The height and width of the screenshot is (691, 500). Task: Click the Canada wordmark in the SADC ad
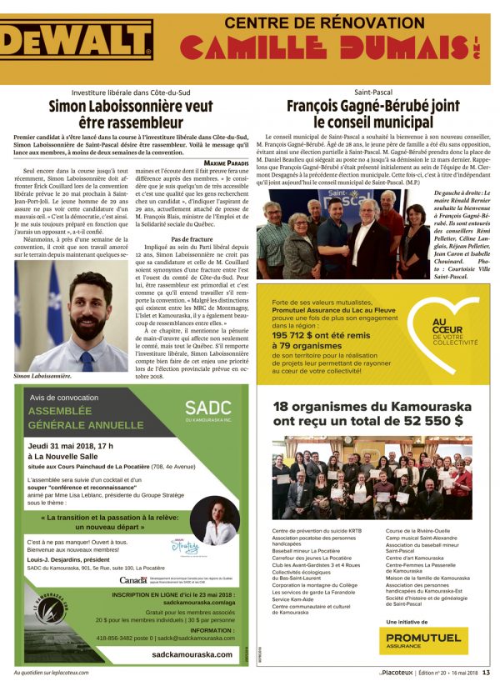click(133, 580)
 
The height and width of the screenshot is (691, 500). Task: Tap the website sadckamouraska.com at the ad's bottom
click(192, 654)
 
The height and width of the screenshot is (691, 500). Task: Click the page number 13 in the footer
click(486, 674)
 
